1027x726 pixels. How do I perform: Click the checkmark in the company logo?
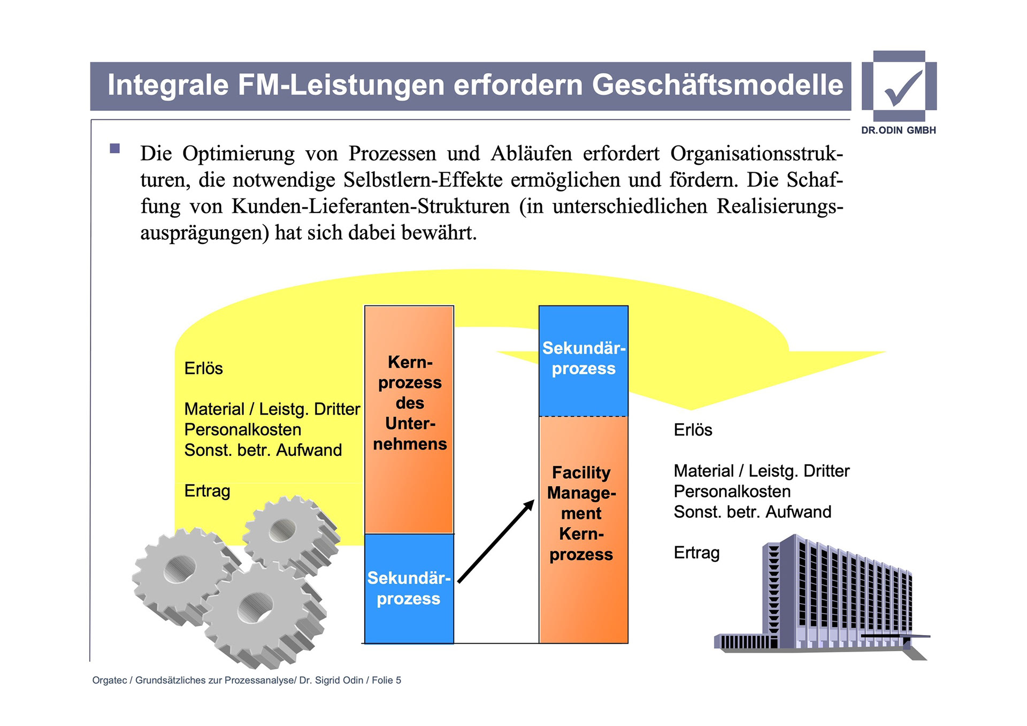click(903, 87)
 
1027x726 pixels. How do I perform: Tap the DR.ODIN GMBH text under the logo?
click(899, 130)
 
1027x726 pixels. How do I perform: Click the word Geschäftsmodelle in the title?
click(717, 85)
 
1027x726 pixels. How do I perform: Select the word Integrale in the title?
click(168, 85)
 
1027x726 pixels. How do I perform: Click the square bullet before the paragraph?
click(115, 148)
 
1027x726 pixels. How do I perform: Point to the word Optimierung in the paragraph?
click(238, 154)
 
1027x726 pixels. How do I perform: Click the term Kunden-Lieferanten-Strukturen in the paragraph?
click(370, 207)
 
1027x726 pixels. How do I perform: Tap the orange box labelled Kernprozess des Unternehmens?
click(409, 419)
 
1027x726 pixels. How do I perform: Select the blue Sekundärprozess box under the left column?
click(409, 589)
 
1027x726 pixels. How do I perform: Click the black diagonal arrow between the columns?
click(496, 541)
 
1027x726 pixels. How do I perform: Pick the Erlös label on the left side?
click(203, 369)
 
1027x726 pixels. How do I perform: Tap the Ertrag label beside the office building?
click(696, 553)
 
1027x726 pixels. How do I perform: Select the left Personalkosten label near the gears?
click(243, 430)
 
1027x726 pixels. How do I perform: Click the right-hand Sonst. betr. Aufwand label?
click(752, 512)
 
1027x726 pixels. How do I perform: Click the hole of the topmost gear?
click(282, 531)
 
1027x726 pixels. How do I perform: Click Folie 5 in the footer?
click(386, 680)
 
